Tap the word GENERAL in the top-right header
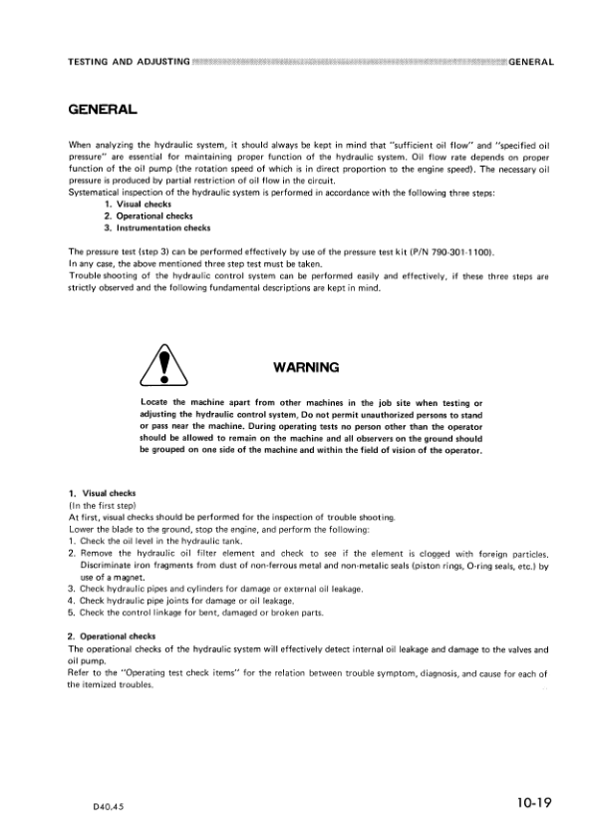(x=530, y=63)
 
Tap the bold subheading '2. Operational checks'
(x=114, y=635)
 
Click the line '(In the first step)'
(x=107, y=506)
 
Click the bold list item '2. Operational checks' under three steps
(x=150, y=215)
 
